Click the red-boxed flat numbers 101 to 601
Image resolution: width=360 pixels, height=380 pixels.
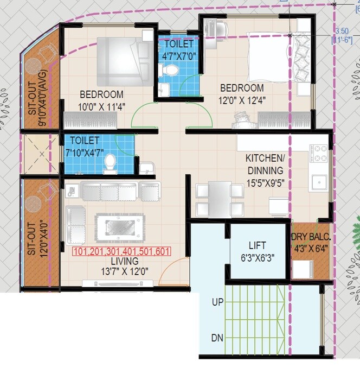(x=121, y=251)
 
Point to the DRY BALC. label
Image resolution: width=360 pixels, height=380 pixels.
(x=311, y=237)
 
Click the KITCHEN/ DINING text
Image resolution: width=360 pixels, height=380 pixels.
(x=266, y=163)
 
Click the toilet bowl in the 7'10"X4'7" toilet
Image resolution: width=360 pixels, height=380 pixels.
(x=110, y=162)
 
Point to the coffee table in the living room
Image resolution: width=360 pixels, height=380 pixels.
(x=120, y=223)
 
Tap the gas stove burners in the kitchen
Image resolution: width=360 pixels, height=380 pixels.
(x=318, y=153)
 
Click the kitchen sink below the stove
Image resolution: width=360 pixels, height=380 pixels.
(x=318, y=182)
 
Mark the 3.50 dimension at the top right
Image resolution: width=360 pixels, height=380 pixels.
(x=342, y=31)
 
